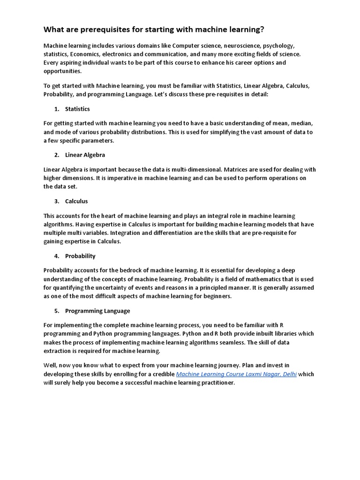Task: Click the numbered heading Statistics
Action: click(x=77, y=109)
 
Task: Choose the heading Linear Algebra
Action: click(x=85, y=155)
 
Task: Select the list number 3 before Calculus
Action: click(x=56, y=201)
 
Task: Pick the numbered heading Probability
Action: click(x=80, y=256)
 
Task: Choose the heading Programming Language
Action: click(x=97, y=311)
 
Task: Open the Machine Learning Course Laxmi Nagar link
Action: click(x=236, y=374)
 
